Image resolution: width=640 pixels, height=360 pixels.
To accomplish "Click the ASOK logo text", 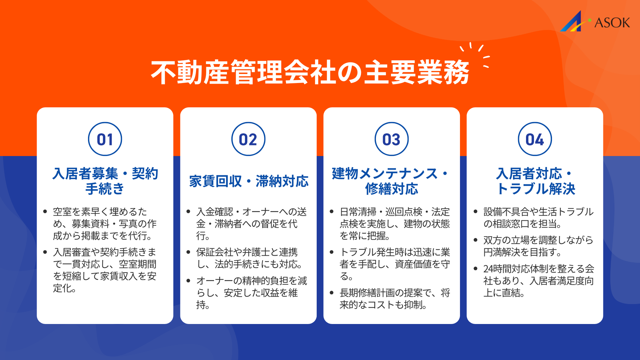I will [612, 23].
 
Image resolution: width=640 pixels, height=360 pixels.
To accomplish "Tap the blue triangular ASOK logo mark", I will [572, 22].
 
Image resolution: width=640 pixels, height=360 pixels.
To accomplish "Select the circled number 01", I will [105, 139].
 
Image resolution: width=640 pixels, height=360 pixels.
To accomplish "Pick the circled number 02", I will [248, 139].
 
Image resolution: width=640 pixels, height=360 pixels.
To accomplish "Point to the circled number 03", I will [392, 139].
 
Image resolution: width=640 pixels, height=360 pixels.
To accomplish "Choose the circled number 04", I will [535, 139].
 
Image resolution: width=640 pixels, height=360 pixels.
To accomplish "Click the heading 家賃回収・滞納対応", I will [249, 181].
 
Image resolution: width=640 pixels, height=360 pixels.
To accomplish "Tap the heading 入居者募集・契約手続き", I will [105, 181].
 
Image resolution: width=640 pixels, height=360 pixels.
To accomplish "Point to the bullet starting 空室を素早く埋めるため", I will [105, 224].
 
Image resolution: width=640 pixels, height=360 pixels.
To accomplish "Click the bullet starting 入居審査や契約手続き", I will [105, 270].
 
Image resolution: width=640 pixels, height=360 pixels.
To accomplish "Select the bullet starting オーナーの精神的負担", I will [251, 293].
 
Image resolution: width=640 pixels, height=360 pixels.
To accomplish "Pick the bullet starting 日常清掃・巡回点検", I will [394, 224].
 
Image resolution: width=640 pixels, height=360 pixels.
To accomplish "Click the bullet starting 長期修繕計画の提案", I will [394, 299].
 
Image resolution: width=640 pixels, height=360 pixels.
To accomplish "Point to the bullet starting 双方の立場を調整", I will [538, 246].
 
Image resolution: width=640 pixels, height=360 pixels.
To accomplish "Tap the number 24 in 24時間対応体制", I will [489, 269].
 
